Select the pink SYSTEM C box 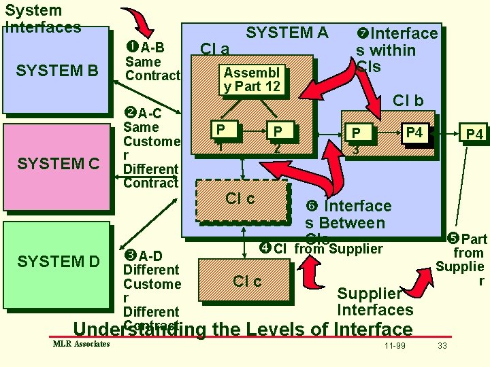point(57,164)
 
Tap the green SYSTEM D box point(57,261)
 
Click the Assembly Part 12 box point(251,80)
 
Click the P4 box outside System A point(474,135)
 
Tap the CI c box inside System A point(240,199)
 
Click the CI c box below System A point(246,281)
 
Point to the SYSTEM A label point(287,33)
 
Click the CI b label point(408,101)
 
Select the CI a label point(214,49)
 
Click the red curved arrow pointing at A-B point(140,24)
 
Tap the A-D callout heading point(144,256)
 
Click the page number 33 point(442,346)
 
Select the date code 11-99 point(394,346)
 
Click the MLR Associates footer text point(81,344)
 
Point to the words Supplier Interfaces point(374,302)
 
